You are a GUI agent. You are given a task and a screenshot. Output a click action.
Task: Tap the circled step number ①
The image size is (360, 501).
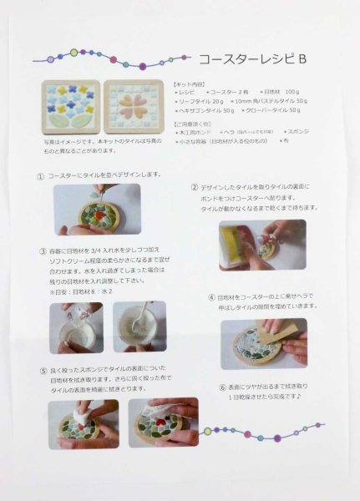tap(40, 177)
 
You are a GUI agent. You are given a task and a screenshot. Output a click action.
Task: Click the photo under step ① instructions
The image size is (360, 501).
tap(97, 210)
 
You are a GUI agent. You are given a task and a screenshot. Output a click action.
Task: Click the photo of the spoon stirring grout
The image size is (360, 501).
tap(139, 326)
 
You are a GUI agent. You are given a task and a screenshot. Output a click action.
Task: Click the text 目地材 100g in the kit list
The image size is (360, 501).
tap(280, 91)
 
